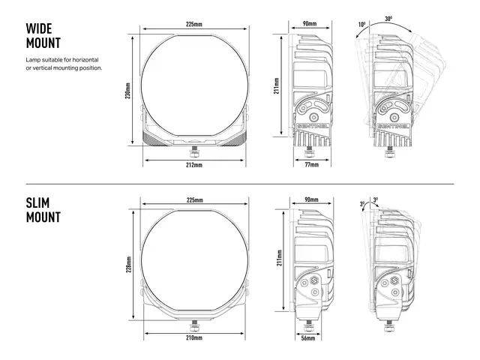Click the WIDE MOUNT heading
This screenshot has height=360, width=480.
coord(43,36)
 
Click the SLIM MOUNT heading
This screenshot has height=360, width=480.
coord(43,210)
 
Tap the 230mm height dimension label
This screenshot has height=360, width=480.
coord(127,91)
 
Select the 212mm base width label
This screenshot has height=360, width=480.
coord(194,165)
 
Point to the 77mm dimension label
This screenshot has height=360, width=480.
coord(312,165)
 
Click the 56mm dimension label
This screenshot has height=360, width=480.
coord(308,338)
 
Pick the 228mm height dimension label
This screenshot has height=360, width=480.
coord(129,264)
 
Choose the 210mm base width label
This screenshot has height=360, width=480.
coord(194,337)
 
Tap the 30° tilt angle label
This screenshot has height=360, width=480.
coord(388,19)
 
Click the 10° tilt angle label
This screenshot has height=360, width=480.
coord(361,25)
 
